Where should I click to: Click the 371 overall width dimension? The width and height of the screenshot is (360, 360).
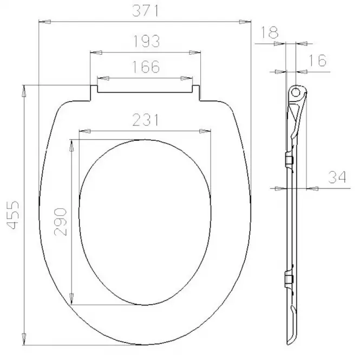pyautogui.click(x=145, y=11)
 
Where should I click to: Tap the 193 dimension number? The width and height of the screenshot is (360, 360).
pyautogui.click(x=146, y=41)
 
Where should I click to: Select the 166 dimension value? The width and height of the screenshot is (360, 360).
pyautogui.click(x=146, y=67)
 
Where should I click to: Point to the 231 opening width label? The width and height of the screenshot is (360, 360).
pyautogui.click(x=146, y=120)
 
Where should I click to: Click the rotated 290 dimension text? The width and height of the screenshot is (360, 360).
pyautogui.click(x=61, y=222)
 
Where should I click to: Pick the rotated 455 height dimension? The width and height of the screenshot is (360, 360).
pyautogui.click(x=12, y=215)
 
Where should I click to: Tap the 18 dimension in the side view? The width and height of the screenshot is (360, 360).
pyautogui.click(x=270, y=32)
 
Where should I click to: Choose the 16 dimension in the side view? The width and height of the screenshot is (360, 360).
pyautogui.click(x=318, y=61)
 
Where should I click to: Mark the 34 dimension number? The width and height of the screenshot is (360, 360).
pyautogui.click(x=337, y=177)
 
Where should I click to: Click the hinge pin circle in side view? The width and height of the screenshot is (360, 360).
pyautogui.click(x=296, y=92)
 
